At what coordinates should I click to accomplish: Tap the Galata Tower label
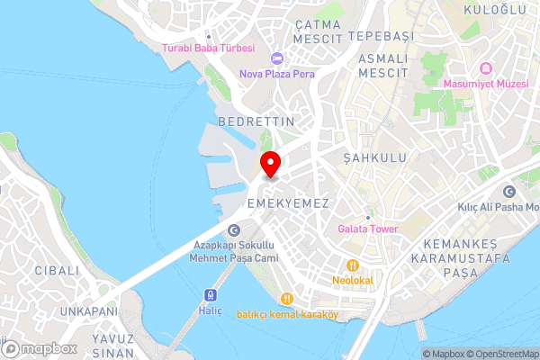tap(368, 229)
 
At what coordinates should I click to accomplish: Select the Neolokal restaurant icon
tap(353, 265)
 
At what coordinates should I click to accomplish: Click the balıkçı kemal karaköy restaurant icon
tap(286, 299)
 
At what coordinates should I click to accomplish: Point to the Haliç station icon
tap(210, 294)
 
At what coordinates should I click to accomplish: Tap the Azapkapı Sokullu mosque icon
tap(234, 230)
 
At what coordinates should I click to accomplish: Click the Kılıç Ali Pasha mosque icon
tap(509, 192)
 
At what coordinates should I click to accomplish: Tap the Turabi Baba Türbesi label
tap(209, 48)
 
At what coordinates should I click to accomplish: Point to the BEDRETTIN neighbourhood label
tap(256, 121)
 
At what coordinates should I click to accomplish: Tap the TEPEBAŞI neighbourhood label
tap(380, 35)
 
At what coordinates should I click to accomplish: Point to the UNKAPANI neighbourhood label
tap(88, 310)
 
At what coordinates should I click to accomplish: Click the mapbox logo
tap(38, 348)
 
